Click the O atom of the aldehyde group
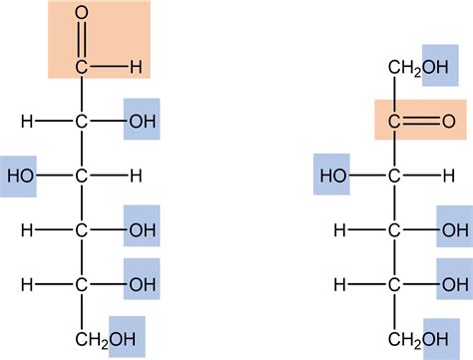click(81, 16)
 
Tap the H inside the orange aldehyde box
click(135, 68)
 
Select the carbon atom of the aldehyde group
click(81, 68)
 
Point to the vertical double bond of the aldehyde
click(81, 42)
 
